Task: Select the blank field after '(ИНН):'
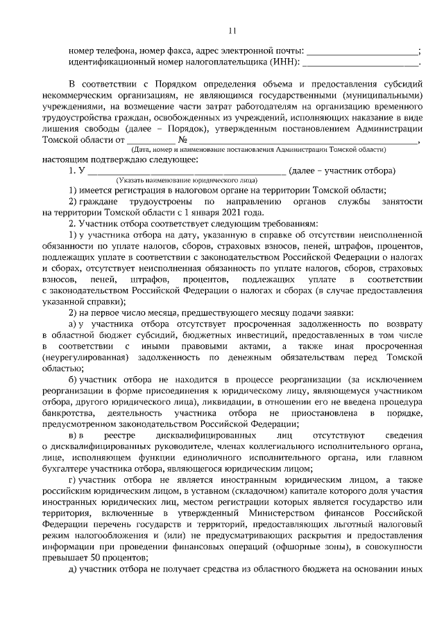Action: pos(361,63)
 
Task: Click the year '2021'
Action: pos(216,212)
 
